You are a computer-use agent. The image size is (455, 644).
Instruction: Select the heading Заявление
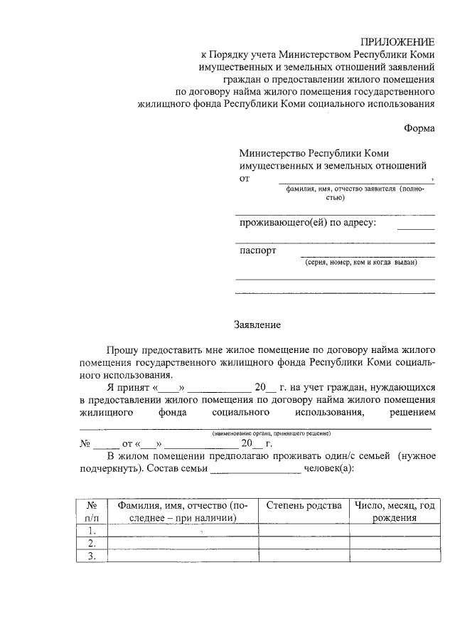257,325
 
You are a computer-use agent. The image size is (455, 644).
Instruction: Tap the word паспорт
258,250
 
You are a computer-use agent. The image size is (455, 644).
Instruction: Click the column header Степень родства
304,505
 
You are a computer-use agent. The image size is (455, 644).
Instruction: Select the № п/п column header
91,512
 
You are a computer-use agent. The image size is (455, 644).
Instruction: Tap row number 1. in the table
91,531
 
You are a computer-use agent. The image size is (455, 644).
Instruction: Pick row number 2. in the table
91,544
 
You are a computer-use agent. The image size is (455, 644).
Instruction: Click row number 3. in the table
91,556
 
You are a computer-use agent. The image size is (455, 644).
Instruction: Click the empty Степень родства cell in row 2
304,544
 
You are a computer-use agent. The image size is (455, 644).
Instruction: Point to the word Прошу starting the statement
123,351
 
